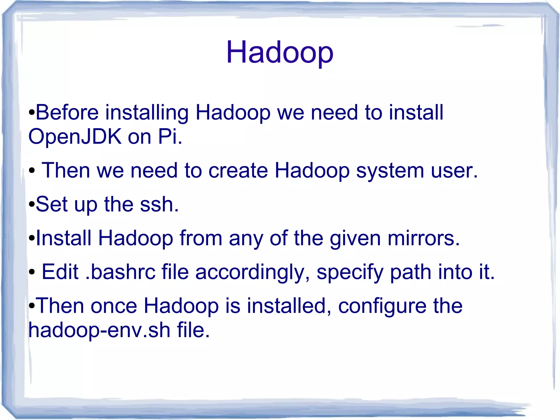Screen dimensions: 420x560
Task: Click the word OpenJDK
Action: click(75, 136)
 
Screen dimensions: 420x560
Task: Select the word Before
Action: click(67, 112)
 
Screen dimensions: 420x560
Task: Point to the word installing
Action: click(147, 113)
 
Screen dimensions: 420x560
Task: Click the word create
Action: click(238, 170)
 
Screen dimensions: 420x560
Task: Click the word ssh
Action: click(159, 204)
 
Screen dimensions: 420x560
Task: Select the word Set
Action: click(51, 204)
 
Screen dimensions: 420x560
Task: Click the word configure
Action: click(382, 306)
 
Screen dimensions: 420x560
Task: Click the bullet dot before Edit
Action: click(32, 272)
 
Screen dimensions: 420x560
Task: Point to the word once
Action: click(114, 306)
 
